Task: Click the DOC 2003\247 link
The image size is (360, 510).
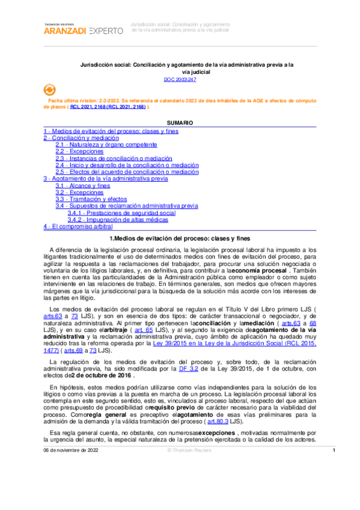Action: pyautogui.click(x=180, y=79)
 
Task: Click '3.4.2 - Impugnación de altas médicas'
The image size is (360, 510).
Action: pyautogui.click(x=117, y=220)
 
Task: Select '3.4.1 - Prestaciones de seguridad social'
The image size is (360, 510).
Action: pyautogui.click(x=121, y=213)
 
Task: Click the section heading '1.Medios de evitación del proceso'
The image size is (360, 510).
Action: pyautogui.click(x=180, y=238)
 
